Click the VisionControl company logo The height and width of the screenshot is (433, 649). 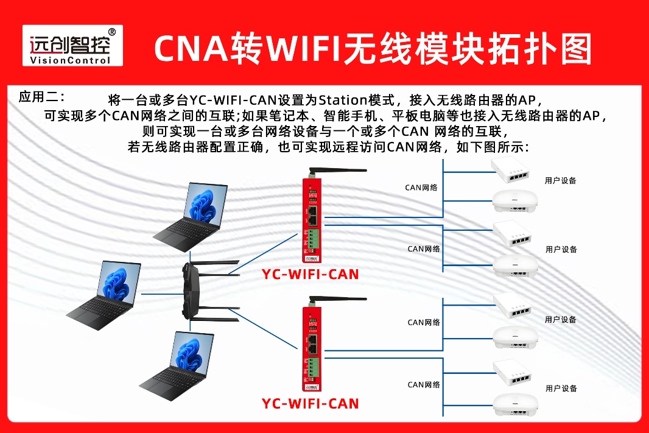click(72, 45)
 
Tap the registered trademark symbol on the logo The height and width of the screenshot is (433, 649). click(112, 32)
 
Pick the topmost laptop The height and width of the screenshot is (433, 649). click(191, 217)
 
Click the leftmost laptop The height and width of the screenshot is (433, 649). click(104, 295)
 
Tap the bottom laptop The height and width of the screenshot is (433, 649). click(177, 366)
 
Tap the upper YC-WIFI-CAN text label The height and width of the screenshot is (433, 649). click(310, 274)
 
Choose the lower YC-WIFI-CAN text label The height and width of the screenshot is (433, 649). click(310, 404)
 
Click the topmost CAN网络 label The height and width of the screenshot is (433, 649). click(421, 188)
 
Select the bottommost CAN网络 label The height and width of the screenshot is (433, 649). click(424, 384)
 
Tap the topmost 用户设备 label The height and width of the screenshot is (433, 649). click(561, 180)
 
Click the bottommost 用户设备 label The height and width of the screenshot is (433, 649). click(561, 389)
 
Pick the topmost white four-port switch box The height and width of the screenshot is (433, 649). click(510, 170)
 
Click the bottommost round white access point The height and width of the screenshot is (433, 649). click(516, 404)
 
